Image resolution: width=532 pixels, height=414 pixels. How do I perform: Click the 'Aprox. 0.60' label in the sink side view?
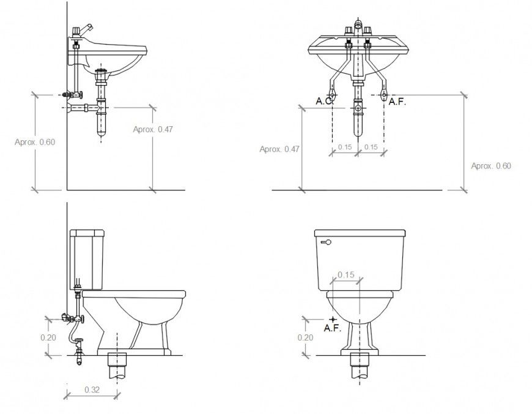tap(35, 142)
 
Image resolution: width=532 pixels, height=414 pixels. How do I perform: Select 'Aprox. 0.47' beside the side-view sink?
tap(153, 129)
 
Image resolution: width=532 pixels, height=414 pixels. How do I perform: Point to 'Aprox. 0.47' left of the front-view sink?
tap(279, 149)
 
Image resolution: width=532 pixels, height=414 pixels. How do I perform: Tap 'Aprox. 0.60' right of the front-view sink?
tap(491, 166)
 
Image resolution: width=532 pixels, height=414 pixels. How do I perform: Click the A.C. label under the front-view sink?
tap(324, 101)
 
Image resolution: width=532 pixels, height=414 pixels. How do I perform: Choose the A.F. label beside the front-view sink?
tap(397, 101)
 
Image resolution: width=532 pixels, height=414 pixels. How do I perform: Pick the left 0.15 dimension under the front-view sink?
tap(345, 147)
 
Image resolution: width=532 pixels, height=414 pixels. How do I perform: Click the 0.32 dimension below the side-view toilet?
tap(93, 390)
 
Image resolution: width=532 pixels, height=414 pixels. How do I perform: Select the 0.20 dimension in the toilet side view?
tap(49, 337)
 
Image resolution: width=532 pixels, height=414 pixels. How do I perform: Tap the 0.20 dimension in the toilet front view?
tap(306, 337)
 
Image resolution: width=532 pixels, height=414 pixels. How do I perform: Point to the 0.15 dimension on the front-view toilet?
tap(345, 275)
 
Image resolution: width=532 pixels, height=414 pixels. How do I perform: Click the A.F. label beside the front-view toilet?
tap(332, 329)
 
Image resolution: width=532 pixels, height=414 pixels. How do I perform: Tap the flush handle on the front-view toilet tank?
tap(325, 243)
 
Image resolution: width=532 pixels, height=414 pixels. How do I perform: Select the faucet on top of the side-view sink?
tap(83, 30)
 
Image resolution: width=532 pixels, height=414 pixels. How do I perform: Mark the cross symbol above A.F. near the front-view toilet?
tap(332, 319)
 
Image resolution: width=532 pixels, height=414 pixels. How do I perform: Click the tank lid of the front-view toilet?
tap(360, 233)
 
